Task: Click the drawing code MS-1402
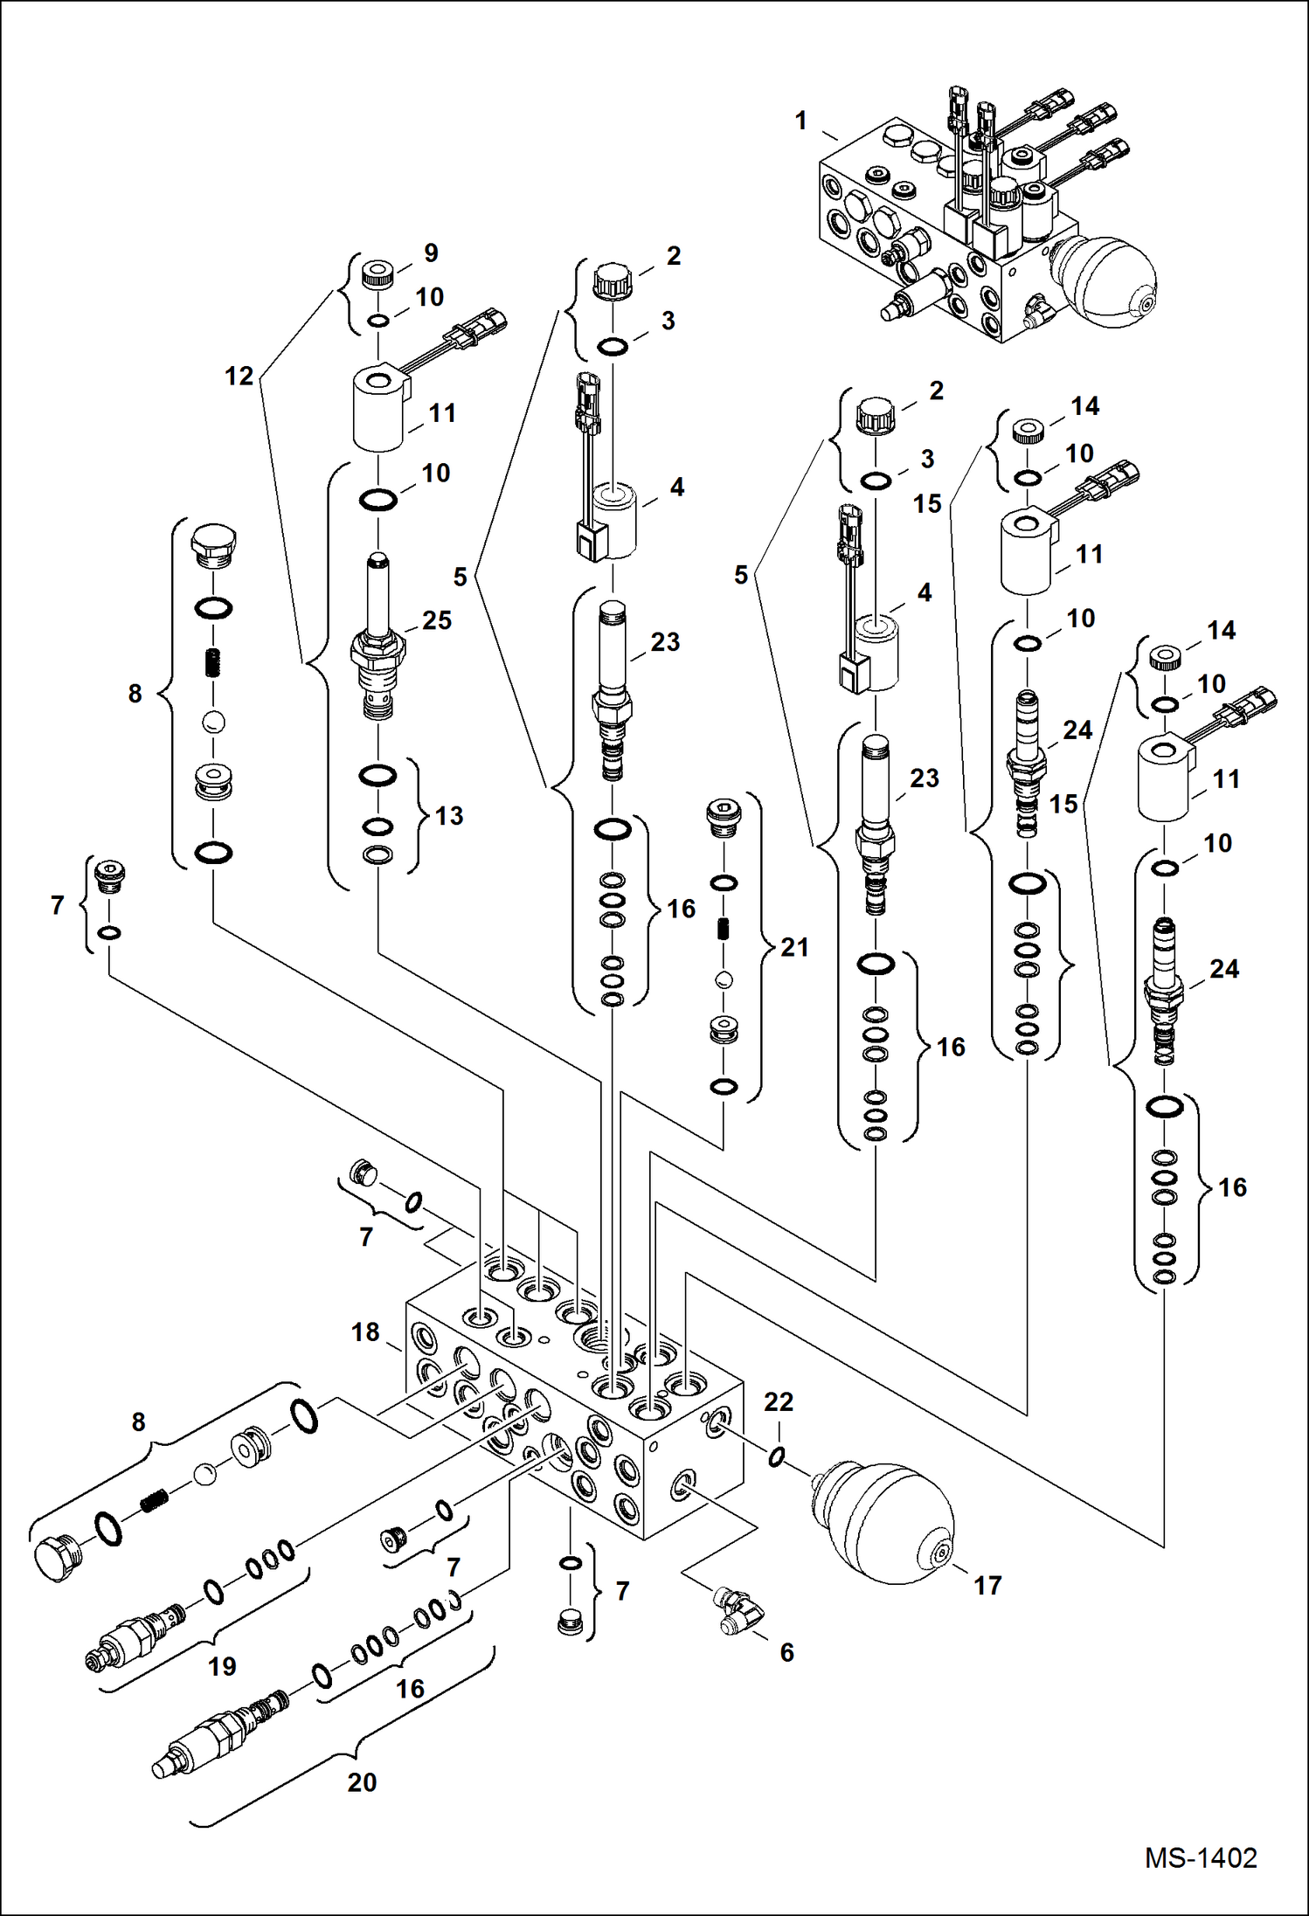click(1201, 1857)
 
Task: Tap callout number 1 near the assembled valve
click(800, 121)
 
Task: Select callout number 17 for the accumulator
click(987, 1586)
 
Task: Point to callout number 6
click(786, 1652)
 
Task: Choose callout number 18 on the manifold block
click(365, 1332)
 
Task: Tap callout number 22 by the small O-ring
click(779, 1401)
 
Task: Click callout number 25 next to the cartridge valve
click(437, 620)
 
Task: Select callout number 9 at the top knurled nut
click(431, 253)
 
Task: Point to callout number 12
click(239, 377)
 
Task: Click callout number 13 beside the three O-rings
click(449, 816)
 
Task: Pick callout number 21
click(793, 947)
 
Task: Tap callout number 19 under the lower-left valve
click(222, 1666)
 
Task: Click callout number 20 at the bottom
click(362, 1782)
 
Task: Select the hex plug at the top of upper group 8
click(212, 546)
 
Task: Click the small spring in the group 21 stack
click(723, 929)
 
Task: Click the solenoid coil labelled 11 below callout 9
click(377, 409)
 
